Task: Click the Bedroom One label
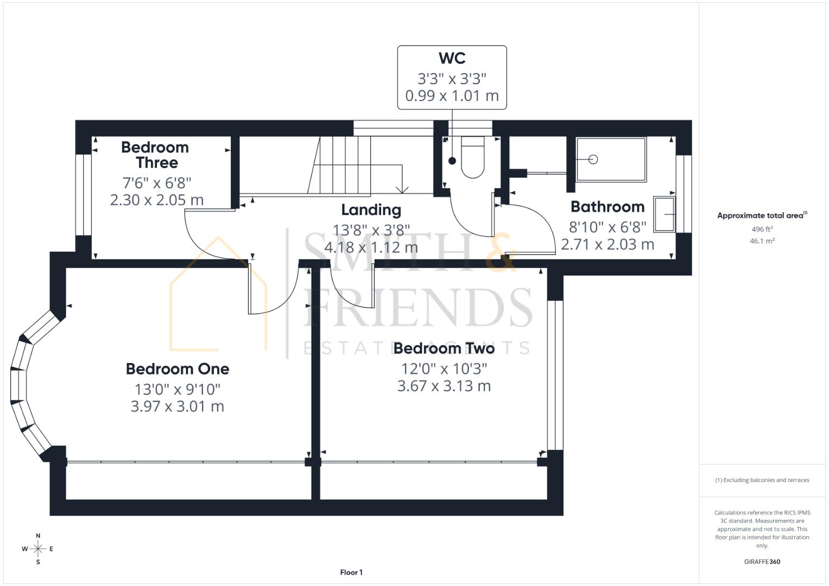(178, 369)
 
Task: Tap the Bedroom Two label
(444, 348)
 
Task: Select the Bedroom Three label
(155, 155)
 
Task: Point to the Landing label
(371, 210)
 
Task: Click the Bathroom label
(607, 207)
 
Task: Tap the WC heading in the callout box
(452, 58)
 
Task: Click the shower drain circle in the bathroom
(593, 160)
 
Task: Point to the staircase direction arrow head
(402, 189)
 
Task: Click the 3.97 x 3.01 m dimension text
(178, 406)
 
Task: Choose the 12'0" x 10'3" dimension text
(444, 369)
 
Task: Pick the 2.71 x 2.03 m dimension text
(607, 245)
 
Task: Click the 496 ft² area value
(762, 230)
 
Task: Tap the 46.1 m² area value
(762, 241)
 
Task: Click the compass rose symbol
(38, 549)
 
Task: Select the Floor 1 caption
(351, 572)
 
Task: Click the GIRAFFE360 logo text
(762, 562)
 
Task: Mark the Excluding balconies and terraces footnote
(762, 480)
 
